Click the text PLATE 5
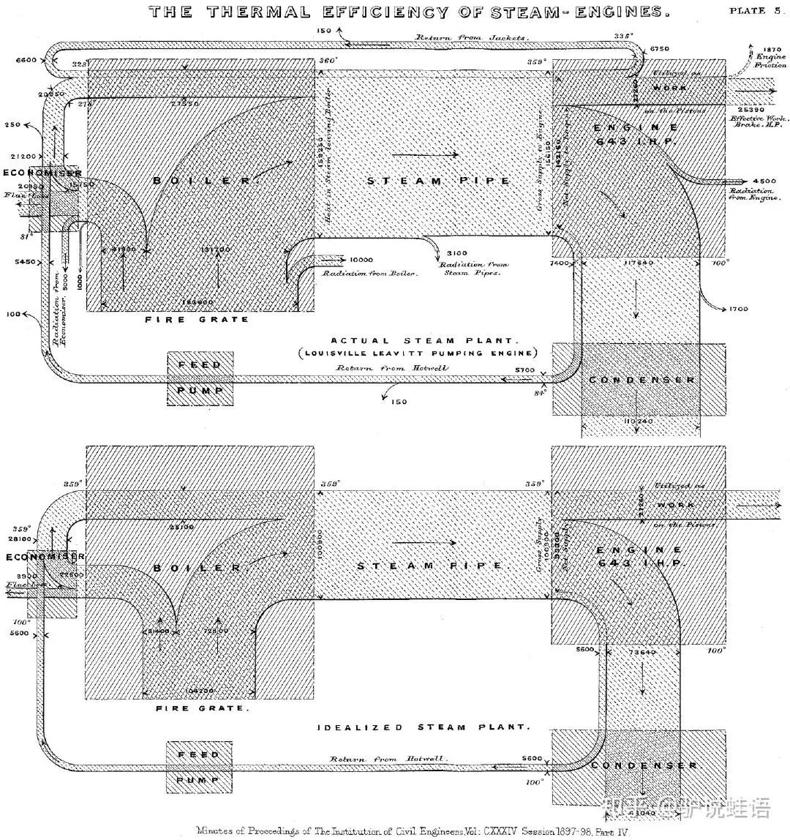pyautogui.click(x=757, y=10)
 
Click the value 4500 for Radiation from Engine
pyautogui.click(x=761, y=181)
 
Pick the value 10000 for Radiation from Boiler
pyautogui.click(x=361, y=260)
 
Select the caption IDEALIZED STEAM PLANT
pyautogui.click(x=422, y=727)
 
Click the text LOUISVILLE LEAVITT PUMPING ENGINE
pyautogui.click(x=417, y=353)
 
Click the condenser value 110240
pyautogui.click(x=639, y=422)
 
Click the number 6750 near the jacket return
pyautogui.click(x=661, y=48)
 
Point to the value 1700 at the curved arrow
pyautogui.click(x=739, y=310)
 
